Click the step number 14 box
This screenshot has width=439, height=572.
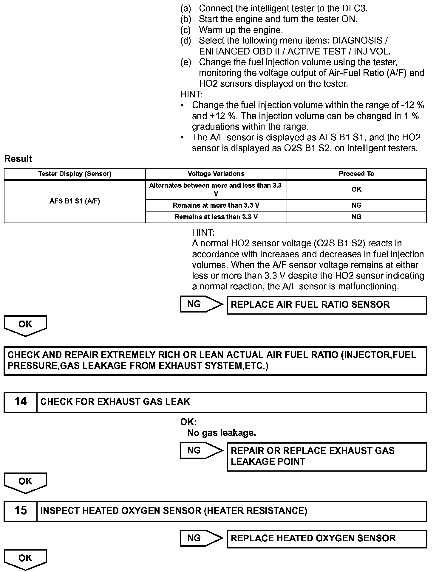click(20, 402)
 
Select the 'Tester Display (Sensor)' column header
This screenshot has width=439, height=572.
click(75, 174)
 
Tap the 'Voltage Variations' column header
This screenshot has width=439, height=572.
click(216, 174)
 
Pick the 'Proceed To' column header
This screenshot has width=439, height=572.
click(356, 174)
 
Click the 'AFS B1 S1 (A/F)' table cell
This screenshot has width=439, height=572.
click(75, 201)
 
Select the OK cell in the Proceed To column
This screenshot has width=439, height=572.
click(356, 189)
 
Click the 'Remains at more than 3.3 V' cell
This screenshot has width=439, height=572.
click(216, 205)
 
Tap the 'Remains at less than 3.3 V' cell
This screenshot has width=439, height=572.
click(216, 217)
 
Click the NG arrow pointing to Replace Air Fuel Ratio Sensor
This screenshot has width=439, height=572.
click(200, 304)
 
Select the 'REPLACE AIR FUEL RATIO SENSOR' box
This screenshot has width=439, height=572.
click(327, 305)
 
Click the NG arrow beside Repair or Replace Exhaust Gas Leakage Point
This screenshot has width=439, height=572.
click(200, 450)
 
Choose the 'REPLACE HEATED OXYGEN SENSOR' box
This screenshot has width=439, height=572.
click(327, 538)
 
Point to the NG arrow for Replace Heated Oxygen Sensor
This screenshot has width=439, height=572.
click(200, 538)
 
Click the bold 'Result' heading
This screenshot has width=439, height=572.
click(18, 159)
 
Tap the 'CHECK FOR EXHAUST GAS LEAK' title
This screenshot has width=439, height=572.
click(115, 402)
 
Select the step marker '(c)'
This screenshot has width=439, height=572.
click(186, 30)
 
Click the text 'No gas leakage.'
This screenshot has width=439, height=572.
click(221, 433)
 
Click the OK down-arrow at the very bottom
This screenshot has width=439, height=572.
click(25, 559)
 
